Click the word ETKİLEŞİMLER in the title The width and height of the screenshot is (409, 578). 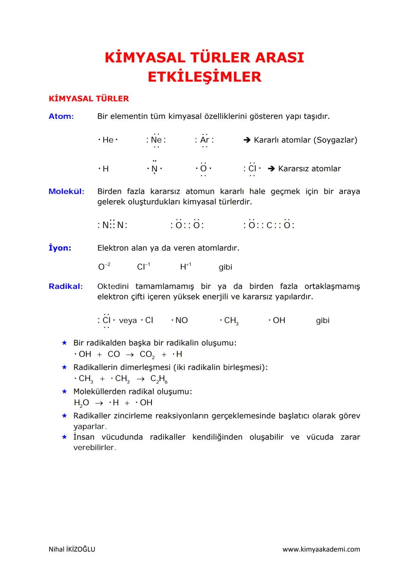pyautogui.click(x=204, y=77)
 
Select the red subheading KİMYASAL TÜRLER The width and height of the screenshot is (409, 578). pyautogui.click(x=89, y=99)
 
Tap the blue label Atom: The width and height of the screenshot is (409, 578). pyautogui.click(x=61, y=117)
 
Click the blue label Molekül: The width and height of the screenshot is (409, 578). pyautogui.click(x=66, y=192)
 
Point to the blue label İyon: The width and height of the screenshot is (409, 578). pyautogui.click(x=60, y=248)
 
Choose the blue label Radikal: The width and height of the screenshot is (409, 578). pyautogui.click(x=66, y=287)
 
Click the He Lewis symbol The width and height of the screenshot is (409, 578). pyautogui.click(x=108, y=140)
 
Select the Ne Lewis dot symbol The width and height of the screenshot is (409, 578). pyautogui.click(x=156, y=140)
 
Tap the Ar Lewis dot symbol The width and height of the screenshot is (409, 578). pyautogui.click(x=204, y=140)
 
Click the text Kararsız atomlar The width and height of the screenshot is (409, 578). pyautogui.click(x=309, y=169)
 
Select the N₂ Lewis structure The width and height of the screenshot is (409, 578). pyautogui.click(x=112, y=225)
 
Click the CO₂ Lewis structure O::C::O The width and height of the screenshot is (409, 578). pyautogui.click(x=269, y=225)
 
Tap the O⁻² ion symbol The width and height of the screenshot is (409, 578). pyautogui.click(x=104, y=267)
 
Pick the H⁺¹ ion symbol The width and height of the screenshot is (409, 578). pyautogui.click(x=186, y=267)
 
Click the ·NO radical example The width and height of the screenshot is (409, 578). pyautogui.click(x=180, y=321)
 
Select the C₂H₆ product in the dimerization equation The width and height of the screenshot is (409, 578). pyautogui.click(x=159, y=379)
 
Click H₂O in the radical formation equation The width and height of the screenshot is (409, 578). pyautogui.click(x=81, y=403)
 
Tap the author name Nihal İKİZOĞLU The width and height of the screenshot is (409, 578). pyautogui.click(x=72, y=549)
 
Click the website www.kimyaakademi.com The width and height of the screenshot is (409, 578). pyautogui.click(x=321, y=549)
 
